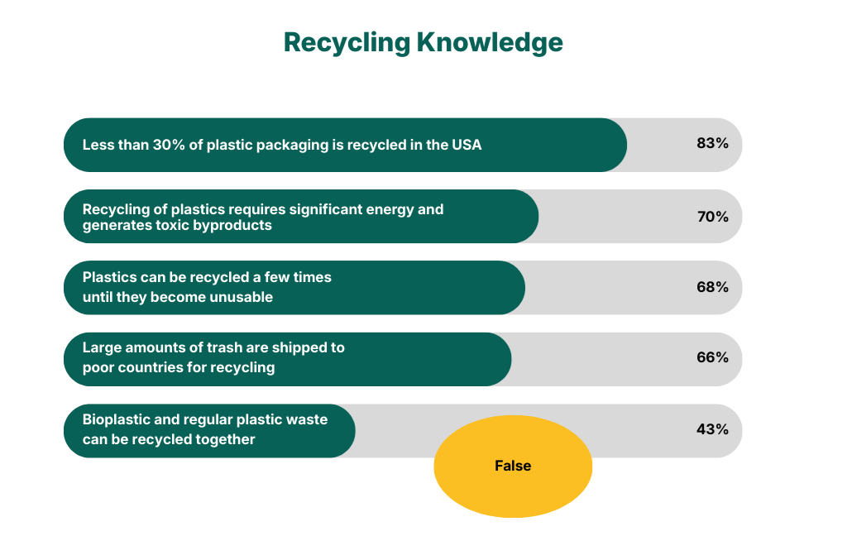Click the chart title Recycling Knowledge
[423, 42]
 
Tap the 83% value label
[712, 143]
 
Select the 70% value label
[712, 217]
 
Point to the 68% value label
[712, 287]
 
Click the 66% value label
[712, 357]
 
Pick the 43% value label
[712, 429]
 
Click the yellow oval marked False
[513, 466]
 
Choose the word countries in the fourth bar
[149, 367]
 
